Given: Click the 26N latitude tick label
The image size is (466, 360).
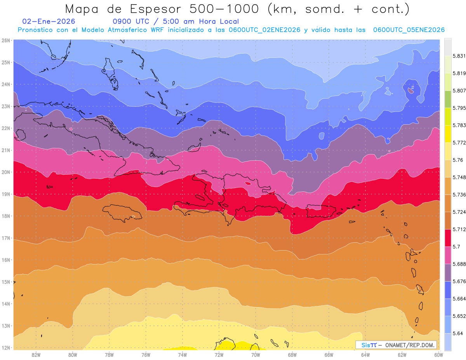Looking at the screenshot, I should click(x=6, y=40).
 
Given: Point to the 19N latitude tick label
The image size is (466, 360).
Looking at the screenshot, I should click(x=6, y=194).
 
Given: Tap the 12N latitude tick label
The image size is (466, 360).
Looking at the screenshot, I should click(x=6, y=348).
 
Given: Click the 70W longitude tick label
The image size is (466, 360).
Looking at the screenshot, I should click(x=256, y=355).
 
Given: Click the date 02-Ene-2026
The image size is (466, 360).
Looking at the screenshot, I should click(x=49, y=21).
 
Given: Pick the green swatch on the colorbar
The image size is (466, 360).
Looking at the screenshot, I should click(x=448, y=99).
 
